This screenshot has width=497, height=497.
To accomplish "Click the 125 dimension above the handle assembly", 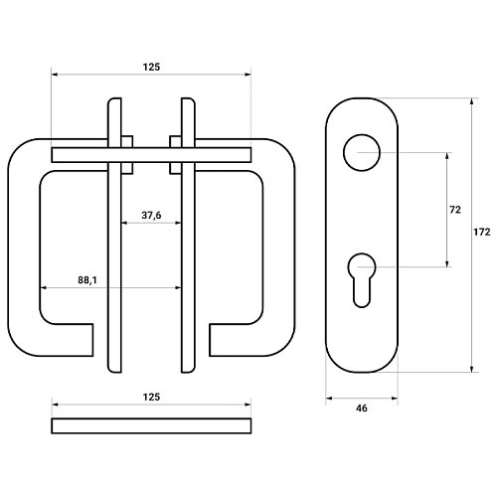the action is click(151, 68).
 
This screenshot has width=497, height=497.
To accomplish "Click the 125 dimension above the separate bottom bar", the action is click(151, 397).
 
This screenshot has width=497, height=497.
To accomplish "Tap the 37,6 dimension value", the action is click(151, 216).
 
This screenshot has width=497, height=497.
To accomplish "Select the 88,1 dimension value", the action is click(87, 280).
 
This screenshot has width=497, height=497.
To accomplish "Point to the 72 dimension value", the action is click(455, 210).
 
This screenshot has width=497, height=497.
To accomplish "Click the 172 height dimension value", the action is click(481, 233).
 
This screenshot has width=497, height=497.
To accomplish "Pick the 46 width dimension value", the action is click(362, 409).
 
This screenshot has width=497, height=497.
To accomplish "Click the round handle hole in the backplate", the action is click(362, 135).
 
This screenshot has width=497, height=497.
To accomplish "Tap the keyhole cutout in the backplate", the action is click(362, 254).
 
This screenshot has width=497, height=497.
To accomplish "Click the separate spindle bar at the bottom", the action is click(151, 425).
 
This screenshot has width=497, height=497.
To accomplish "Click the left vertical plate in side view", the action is click(114, 236).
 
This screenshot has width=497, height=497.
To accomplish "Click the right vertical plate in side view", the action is click(188, 236).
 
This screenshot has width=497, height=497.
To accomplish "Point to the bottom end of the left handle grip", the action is click(92, 340).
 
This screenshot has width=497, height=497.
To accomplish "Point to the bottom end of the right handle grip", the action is click(210, 340).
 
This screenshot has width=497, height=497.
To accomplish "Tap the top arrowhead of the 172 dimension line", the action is click(472, 101).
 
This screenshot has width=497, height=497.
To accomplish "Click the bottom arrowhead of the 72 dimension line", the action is click(447, 263).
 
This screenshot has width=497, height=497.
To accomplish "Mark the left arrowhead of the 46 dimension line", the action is click(329, 399).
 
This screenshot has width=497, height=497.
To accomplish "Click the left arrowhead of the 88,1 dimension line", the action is click(44, 288).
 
